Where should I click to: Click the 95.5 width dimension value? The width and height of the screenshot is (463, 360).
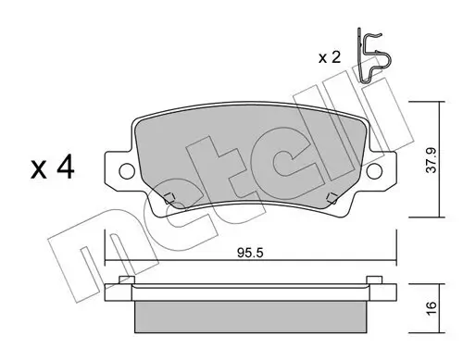250,253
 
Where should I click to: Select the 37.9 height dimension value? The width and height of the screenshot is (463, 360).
432,160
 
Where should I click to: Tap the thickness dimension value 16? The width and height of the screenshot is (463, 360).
432,308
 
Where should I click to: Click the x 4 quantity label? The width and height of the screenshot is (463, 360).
53,168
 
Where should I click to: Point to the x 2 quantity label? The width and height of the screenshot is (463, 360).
330,57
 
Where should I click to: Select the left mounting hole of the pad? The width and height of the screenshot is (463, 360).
127,171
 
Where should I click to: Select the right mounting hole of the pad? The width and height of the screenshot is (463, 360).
374,171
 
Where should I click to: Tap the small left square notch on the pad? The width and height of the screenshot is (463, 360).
169,198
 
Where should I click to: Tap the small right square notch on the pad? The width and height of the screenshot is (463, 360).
332,198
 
